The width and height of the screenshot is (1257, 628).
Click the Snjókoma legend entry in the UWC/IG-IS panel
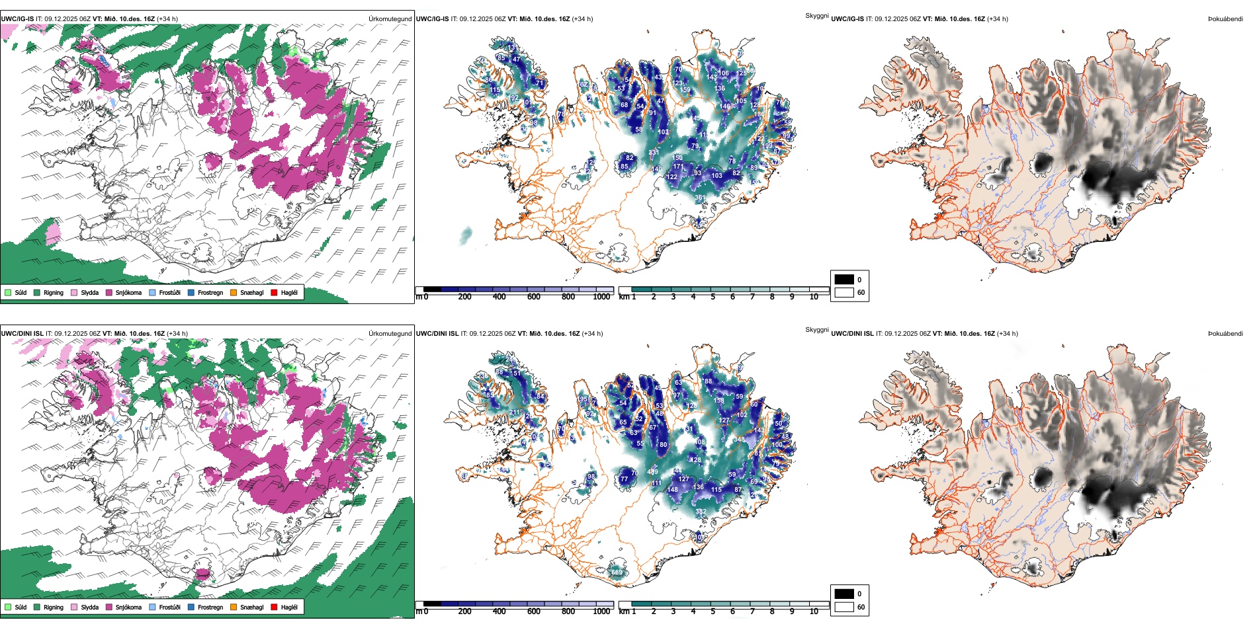tap(128, 292)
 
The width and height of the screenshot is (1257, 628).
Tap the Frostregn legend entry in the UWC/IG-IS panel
tap(210, 292)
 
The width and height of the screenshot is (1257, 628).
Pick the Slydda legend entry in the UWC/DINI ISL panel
tap(89, 607)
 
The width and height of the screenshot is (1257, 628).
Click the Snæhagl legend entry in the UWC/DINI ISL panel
tap(251, 607)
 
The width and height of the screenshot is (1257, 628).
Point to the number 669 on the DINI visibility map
tap(617, 572)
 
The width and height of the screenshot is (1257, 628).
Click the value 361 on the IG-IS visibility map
tap(700, 198)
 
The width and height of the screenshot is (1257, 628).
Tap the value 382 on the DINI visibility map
tap(701, 512)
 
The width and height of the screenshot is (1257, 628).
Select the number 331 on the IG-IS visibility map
tap(654, 153)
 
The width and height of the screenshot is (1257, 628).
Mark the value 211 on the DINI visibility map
tap(515, 412)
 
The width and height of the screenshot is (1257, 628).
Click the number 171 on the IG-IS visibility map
tap(678, 167)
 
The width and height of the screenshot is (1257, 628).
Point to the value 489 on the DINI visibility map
tap(653, 472)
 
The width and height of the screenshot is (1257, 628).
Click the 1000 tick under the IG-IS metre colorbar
tap(601, 297)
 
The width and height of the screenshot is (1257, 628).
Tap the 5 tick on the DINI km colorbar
tap(713, 611)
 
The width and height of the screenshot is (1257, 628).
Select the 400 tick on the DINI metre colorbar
tap(499, 611)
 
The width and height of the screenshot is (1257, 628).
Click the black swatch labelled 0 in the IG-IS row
tap(844, 280)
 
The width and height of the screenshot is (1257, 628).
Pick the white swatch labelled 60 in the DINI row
tap(844, 607)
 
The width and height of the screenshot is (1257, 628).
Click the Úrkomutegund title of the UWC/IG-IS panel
tap(390, 19)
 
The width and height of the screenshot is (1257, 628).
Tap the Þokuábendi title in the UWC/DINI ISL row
tap(1225, 334)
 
